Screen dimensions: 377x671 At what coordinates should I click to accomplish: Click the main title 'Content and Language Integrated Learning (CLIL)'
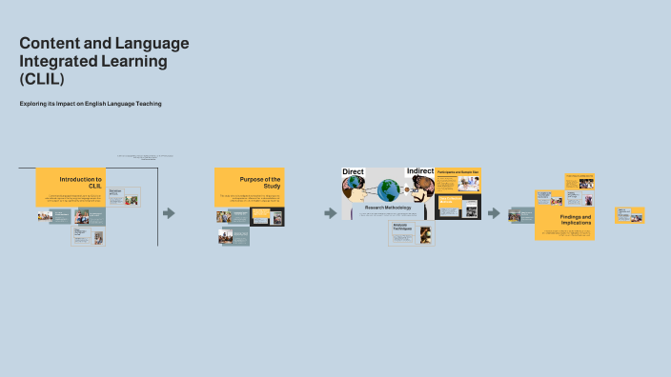[x=104, y=61]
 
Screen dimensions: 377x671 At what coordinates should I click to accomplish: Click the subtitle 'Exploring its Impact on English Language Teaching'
[x=91, y=104]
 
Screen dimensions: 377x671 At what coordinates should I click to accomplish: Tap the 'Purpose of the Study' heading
[x=259, y=182]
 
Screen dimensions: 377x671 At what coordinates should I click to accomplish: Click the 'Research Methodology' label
[x=387, y=207]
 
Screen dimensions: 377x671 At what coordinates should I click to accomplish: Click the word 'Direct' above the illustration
[x=354, y=171]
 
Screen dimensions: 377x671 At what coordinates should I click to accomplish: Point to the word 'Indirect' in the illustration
[x=419, y=171]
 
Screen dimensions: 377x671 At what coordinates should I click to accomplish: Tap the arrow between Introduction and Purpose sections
[x=169, y=213]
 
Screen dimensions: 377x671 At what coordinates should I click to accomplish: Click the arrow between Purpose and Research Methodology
[x=331, y=213]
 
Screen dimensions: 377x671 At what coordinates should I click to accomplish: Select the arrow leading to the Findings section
[x=494, y=213]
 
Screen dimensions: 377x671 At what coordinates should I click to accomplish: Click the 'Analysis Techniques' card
[x=412, y=234]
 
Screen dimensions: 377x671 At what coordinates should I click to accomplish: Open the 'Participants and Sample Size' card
[x=457, y=181]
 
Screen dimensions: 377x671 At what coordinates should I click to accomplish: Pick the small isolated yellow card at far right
[x=630, y=215]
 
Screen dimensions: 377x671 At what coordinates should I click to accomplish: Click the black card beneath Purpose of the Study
[x=267, y=217]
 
